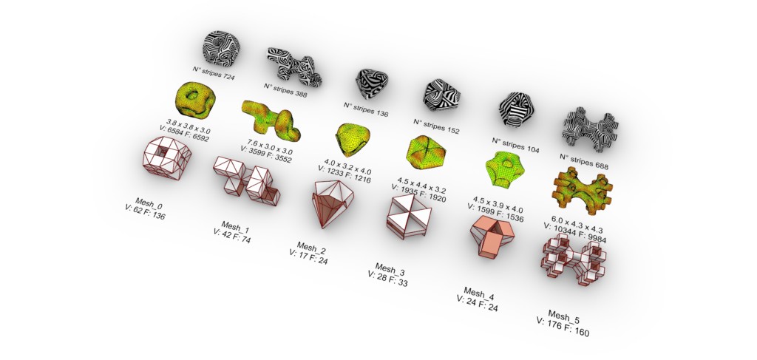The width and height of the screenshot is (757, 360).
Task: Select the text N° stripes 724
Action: (x=214, y=73)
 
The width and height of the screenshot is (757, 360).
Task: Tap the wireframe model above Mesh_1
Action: (x=246, y=181)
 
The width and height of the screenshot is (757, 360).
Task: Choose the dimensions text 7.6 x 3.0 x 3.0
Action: (x=270, y=147)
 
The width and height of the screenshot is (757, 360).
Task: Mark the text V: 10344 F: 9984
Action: (x=575, y=234)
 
